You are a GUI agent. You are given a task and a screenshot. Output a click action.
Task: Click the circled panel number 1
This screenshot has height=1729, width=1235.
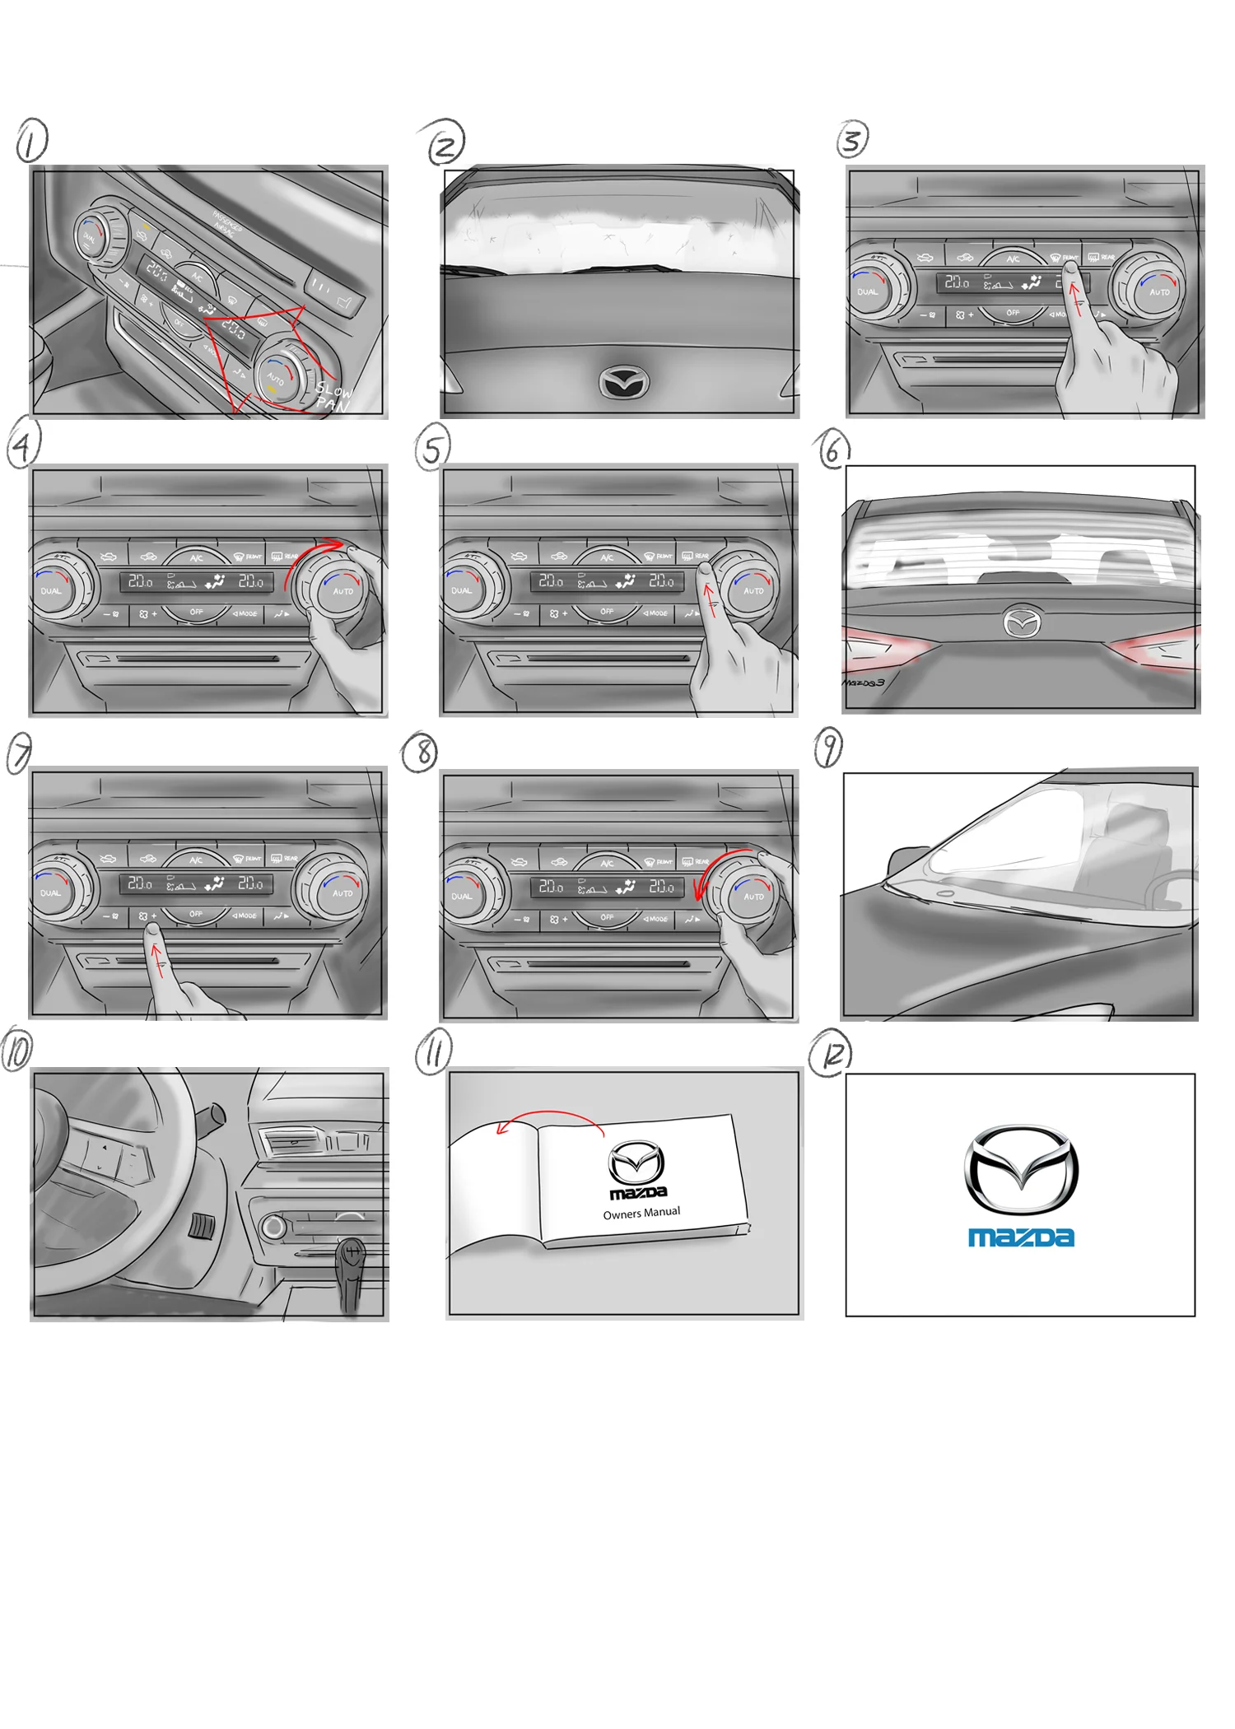pyautogui.click(x=31, y=142)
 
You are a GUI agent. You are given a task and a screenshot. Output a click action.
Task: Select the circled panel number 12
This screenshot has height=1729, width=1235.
pyautogui.click(x=831, y=1055)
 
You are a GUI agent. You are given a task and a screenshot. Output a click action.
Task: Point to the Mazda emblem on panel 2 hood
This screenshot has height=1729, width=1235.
pyautogui.click(x=623, y=382)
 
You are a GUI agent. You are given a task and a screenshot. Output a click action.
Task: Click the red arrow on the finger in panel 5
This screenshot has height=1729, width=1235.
pyautogui.click(x=710, y=598)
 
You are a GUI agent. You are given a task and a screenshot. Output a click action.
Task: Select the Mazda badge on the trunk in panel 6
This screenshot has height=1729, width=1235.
pyautogui.click(x=1022, y=623)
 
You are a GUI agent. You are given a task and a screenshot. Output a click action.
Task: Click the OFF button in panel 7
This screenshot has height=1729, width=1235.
pyautogui.click(x=196, y=914)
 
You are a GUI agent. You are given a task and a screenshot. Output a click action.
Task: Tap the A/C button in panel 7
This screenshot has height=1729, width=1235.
pyautogui.click(x=196, y=859)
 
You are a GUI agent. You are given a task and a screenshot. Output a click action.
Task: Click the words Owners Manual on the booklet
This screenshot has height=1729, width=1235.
pyautogui.click(x=641, y=1213)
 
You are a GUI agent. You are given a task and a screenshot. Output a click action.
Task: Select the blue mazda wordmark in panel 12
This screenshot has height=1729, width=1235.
pyautogui.click(x=1021, y=1237)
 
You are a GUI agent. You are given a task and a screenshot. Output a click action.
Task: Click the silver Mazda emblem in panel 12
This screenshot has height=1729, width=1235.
pyautogui.click(x=1021, y=1169)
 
